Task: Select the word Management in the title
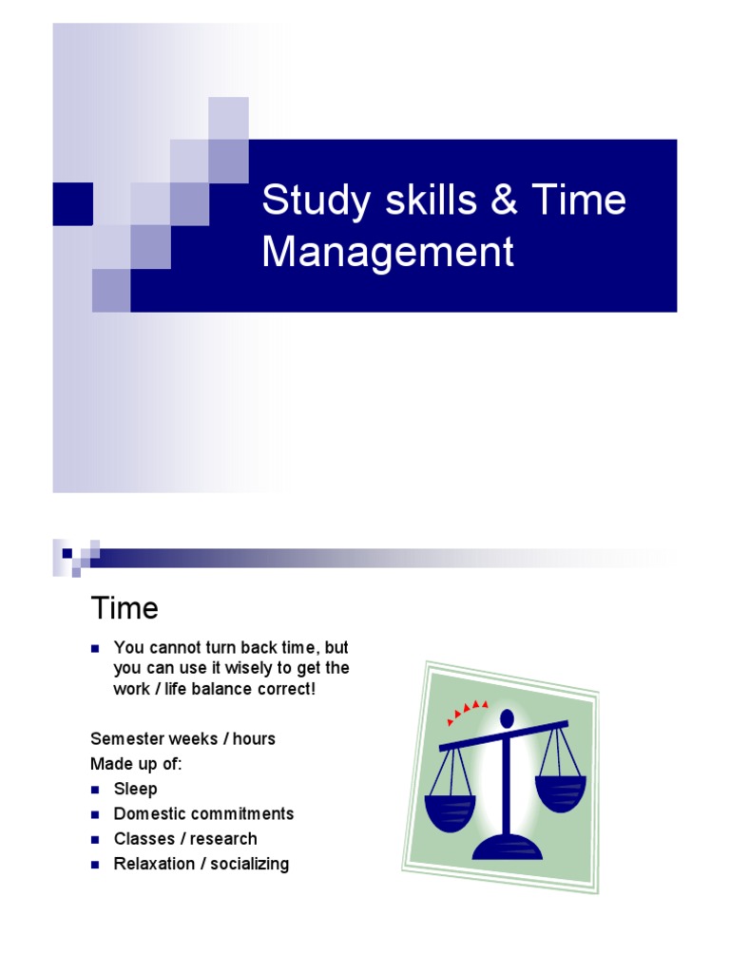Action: click(x=388, y=252)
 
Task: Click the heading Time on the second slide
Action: click(x=124, y=607)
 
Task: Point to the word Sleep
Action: click(x=135, y=789)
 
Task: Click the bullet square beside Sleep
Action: click(x=95, y=789)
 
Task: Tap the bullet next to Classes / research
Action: click(x=95, y=839)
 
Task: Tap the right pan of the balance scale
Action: click(x=560, y=792)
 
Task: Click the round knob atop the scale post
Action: click(x=506, y=717)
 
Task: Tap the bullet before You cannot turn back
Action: click(x=95, y=648)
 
